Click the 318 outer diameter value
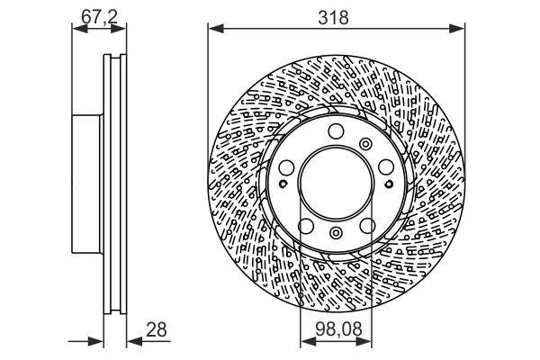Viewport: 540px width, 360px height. tap(337, 16)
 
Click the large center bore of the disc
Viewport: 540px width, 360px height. tap(336, 181)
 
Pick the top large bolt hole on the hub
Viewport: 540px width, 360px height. tap(336, 134)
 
